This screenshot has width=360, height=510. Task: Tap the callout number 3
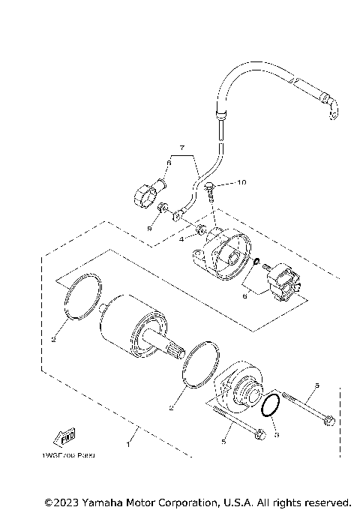(275, 436)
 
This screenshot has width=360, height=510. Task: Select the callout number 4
(181, 239)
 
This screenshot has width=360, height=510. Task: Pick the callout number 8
(169, 162)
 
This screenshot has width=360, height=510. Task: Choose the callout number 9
(148, 227)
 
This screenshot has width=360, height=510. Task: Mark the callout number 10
(241, 182)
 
